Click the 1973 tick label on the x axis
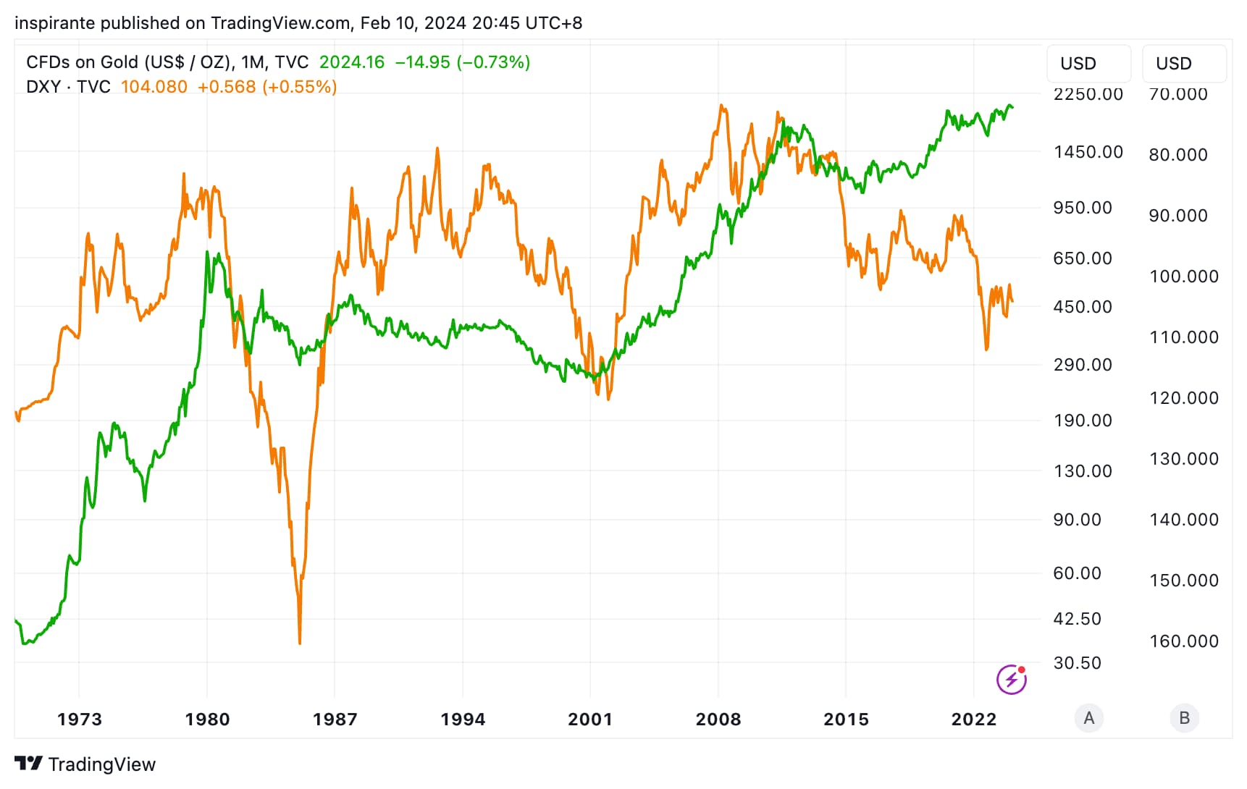[80, 720]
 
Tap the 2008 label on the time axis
[718, 720]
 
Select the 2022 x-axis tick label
[974, 720]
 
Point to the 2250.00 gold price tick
[1088, 94]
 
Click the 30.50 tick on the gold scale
[1077, 663]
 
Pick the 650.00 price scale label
[1083, 258]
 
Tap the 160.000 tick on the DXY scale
[1184, 641]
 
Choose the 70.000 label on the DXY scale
[1178, 94]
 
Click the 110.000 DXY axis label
[1184, 337]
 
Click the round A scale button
[1089, 718]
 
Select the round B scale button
[1185, 718]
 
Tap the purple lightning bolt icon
[1012, 679]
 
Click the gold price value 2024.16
[352, 62]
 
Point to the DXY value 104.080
[154, 87]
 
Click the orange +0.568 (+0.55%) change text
[267, 87]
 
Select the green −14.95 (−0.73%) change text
[463, 62]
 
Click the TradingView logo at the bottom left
[85, 764]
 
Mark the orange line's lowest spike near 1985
[300, 642]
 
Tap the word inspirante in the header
[55, 23]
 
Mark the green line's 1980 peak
[208, 253]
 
